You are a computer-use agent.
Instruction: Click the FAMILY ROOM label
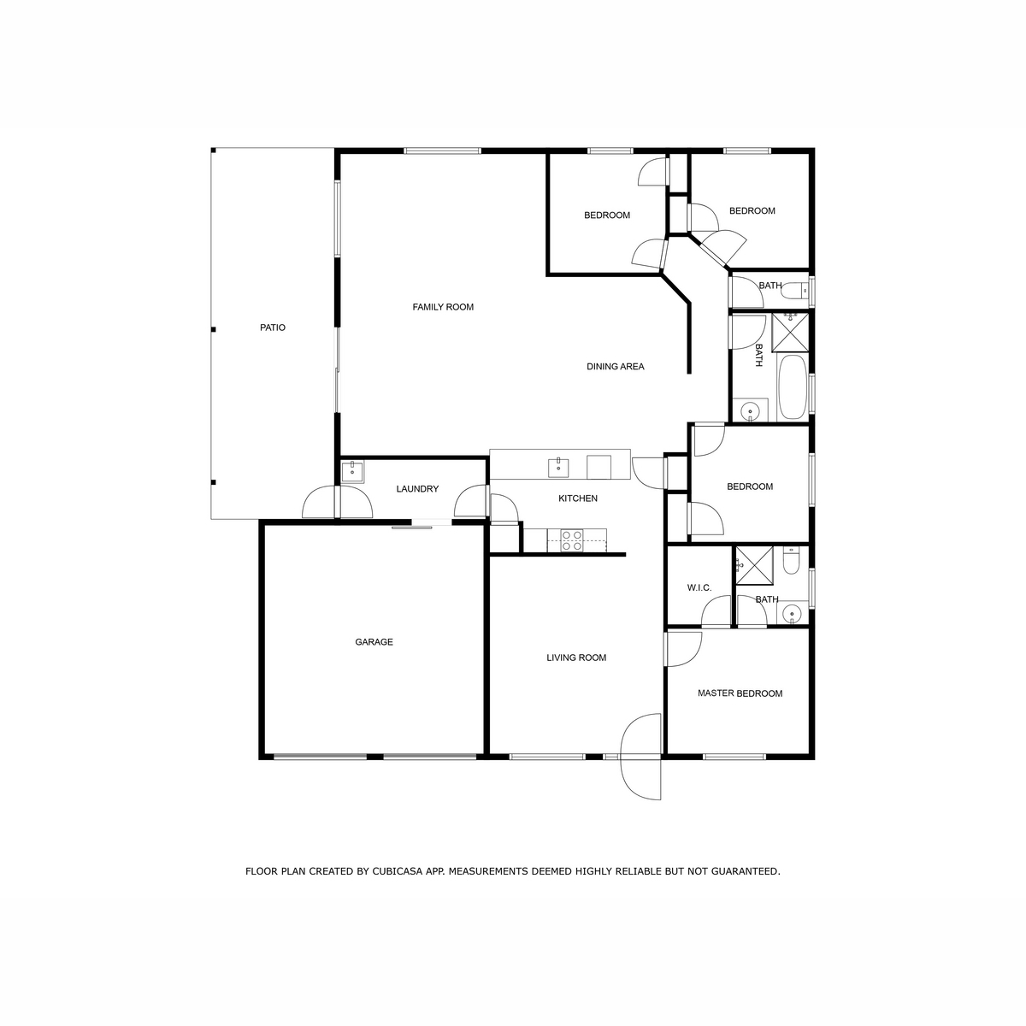coord(443,307)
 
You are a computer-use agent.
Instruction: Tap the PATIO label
coord(273,327)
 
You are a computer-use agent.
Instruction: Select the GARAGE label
coord(374,642)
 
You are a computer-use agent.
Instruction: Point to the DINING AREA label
coord(616,366)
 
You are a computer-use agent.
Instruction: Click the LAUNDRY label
coord(417,489)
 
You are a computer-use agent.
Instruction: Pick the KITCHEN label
coord(578,498)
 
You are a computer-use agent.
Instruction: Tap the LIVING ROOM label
coord(576,657)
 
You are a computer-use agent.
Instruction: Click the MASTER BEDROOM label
coord(740,693)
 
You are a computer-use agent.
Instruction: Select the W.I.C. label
coord(699,587)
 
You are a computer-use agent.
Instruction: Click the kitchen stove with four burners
coord(572,540)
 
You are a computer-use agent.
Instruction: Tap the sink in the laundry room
coord(352,472)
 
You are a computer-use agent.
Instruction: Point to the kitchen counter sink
coord(558,468)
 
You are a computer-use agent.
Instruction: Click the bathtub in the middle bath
coord(793,386)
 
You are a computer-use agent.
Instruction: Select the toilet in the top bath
coord(798,290)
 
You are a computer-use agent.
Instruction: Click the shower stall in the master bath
coord(754,565)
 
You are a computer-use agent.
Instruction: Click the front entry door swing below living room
coord(641,757)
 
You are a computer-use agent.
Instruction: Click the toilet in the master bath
coord(791,561)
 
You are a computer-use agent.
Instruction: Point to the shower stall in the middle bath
coord(790,333)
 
